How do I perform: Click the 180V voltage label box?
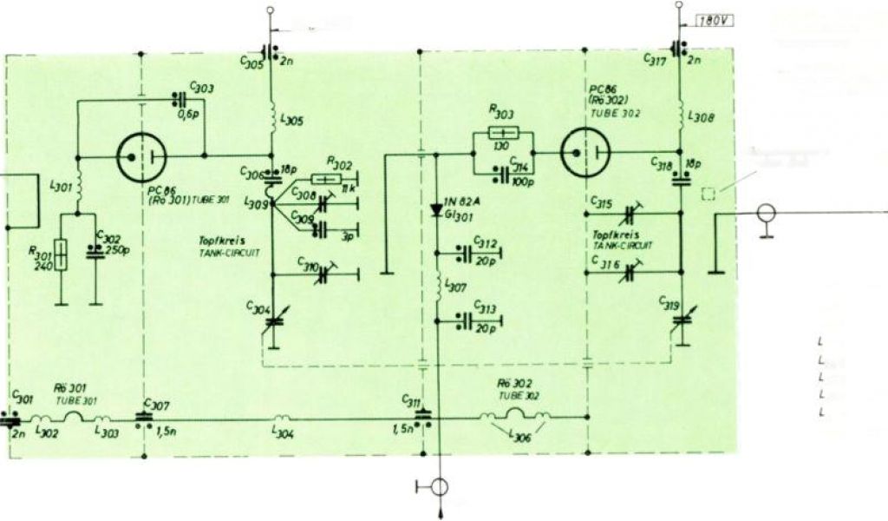point(713,21)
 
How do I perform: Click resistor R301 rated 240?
point(62,254)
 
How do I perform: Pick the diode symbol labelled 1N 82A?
point(435,209)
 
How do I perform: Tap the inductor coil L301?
point(78,185)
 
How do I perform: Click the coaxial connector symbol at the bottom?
point(440,486)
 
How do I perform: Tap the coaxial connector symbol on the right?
point(766,213)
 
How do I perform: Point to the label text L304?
point(283,431)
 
